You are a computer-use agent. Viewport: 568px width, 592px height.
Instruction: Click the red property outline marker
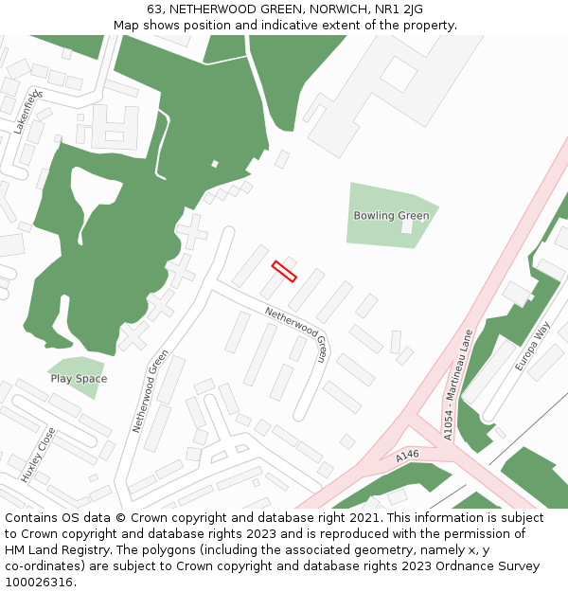284,271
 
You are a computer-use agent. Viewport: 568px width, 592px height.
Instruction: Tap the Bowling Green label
391,216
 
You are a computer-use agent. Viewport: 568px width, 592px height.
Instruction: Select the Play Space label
79,379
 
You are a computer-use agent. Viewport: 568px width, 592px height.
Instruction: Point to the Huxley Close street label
39,456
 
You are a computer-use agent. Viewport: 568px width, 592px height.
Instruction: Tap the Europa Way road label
533,346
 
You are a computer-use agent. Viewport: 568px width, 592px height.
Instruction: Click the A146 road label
407,457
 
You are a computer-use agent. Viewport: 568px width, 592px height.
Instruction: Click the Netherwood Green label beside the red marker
296,334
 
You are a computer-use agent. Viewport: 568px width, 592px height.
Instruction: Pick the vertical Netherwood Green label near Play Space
151,391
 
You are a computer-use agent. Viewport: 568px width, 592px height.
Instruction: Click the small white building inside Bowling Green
406,226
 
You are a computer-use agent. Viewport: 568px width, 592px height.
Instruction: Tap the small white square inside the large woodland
215,164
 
